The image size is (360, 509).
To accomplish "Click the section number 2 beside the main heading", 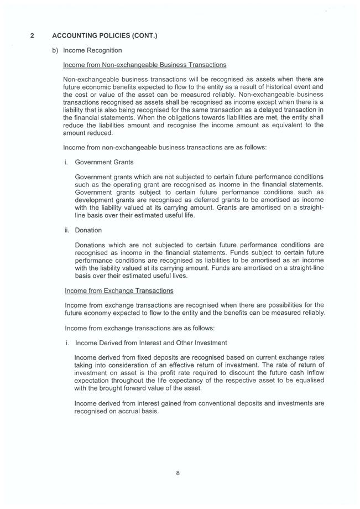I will (32, 36).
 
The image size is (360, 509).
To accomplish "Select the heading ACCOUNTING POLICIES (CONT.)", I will (105, 36).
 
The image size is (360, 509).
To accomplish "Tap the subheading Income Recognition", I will (92, 50).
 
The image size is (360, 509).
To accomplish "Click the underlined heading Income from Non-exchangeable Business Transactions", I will (145, 65).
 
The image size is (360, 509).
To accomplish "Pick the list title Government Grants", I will (104, 162).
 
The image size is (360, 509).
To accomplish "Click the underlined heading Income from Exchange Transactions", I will (119, 290).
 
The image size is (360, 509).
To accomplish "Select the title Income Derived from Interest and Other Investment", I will (150, 342).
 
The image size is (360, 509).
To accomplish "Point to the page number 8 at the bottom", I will (178, 472).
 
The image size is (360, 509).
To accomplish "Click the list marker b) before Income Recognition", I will (55, 50).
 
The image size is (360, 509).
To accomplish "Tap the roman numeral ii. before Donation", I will (67, 230).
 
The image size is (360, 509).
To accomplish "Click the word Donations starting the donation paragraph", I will (91, 245).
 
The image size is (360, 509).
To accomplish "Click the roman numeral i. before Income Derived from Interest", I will (67, 342).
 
